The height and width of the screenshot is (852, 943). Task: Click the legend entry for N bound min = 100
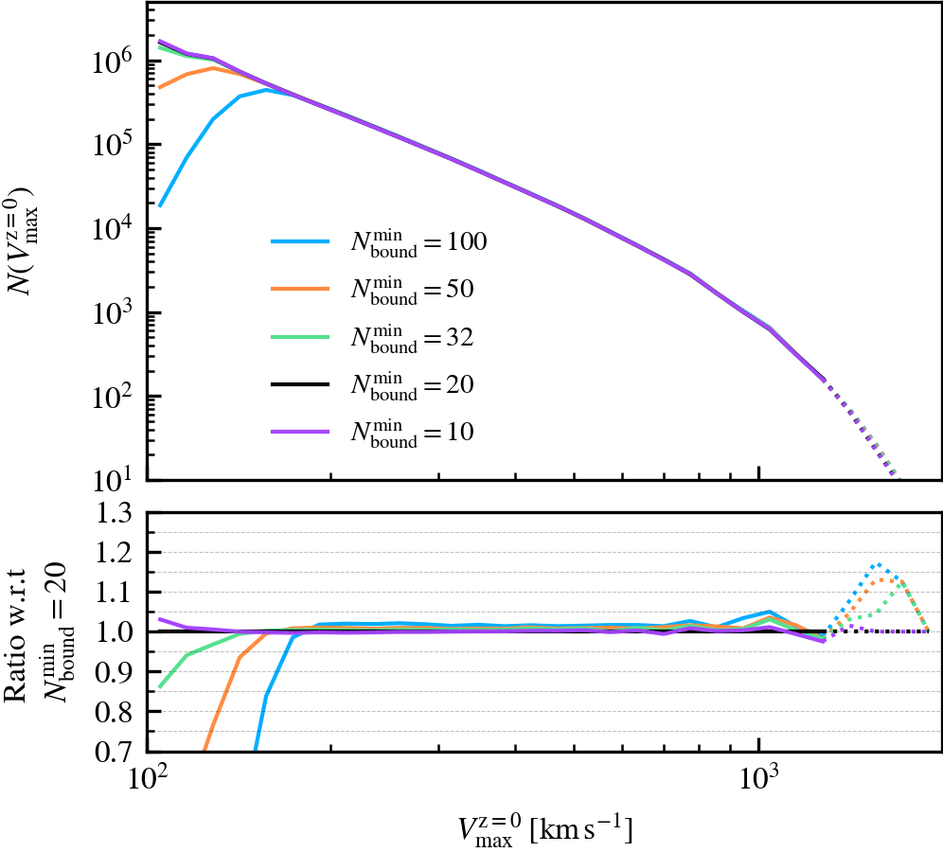tap(379, 243)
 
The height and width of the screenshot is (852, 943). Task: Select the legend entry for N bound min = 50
tap(379, 291)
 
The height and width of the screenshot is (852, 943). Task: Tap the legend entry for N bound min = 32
tap(379, 338)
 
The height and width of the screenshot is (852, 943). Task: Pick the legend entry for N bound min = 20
tap(379, 385)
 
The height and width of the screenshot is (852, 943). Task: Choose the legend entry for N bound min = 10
tap(379, 433)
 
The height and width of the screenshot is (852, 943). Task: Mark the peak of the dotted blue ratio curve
tap(880, 564)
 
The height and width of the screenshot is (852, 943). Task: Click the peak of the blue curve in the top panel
tap(268, 90)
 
